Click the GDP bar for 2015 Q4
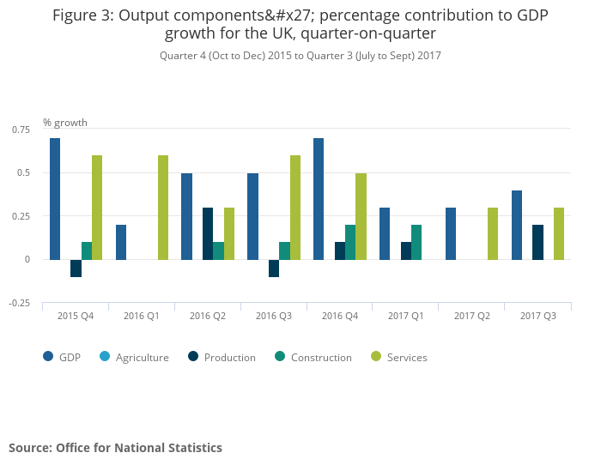pos(55,198)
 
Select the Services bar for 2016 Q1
pos(163,207)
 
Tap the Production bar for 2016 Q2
pos(208,232)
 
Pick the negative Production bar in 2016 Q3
pos(274,268)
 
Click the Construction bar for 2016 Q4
pos(350,242)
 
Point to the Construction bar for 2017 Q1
pos(416,242)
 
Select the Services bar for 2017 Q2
pos(493,232)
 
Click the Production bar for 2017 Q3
pos(537,242)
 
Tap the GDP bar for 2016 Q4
pos(319,198)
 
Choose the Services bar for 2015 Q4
pos(97,207)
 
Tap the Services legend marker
pos(375,357)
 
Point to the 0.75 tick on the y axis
pos(21,130)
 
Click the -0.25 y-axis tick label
pos(19,303)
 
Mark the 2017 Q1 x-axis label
pos(405,316)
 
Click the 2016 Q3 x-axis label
pos(273,316)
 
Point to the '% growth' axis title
pos(65,123)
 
